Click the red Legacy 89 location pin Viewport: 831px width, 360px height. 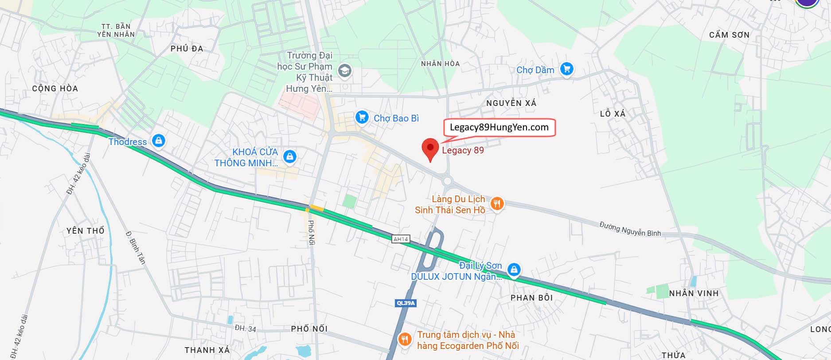click(x=430, y=148)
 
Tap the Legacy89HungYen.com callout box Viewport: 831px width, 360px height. click(x=499, y=127)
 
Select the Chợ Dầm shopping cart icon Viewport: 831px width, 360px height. click(x=567, y=69)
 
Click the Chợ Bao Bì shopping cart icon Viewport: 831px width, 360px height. click(x=362, y=117)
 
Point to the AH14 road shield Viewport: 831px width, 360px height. click(x=401, y=239)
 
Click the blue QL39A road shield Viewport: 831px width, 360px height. click(x=406, y=303)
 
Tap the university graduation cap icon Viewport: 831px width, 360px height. click(x=344, y=70)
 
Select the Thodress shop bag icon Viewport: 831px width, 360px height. click(x=158, y=141)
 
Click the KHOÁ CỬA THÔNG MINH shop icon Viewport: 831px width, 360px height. click(x=289, y=157)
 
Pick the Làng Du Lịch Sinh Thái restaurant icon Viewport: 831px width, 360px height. click(x=497, y=203)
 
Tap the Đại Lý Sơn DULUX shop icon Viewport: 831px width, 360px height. click(x=514, y=270)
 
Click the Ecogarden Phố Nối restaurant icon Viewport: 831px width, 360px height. click(x=404, y=340)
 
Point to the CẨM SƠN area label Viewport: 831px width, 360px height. click(x=729, y=35)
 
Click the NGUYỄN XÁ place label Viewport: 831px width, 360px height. click(x=511, y=103)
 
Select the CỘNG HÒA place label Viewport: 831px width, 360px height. click(x=55, y=89)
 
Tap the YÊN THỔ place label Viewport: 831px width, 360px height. click(x=86, y=231)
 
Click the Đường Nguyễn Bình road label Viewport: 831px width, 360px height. click(x=630, y=229)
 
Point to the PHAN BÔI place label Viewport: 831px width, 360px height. click(x=531, y=298)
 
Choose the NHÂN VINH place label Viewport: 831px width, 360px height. click(x=694, y=293)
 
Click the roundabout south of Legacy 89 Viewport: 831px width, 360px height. click(x=447, y=181)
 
